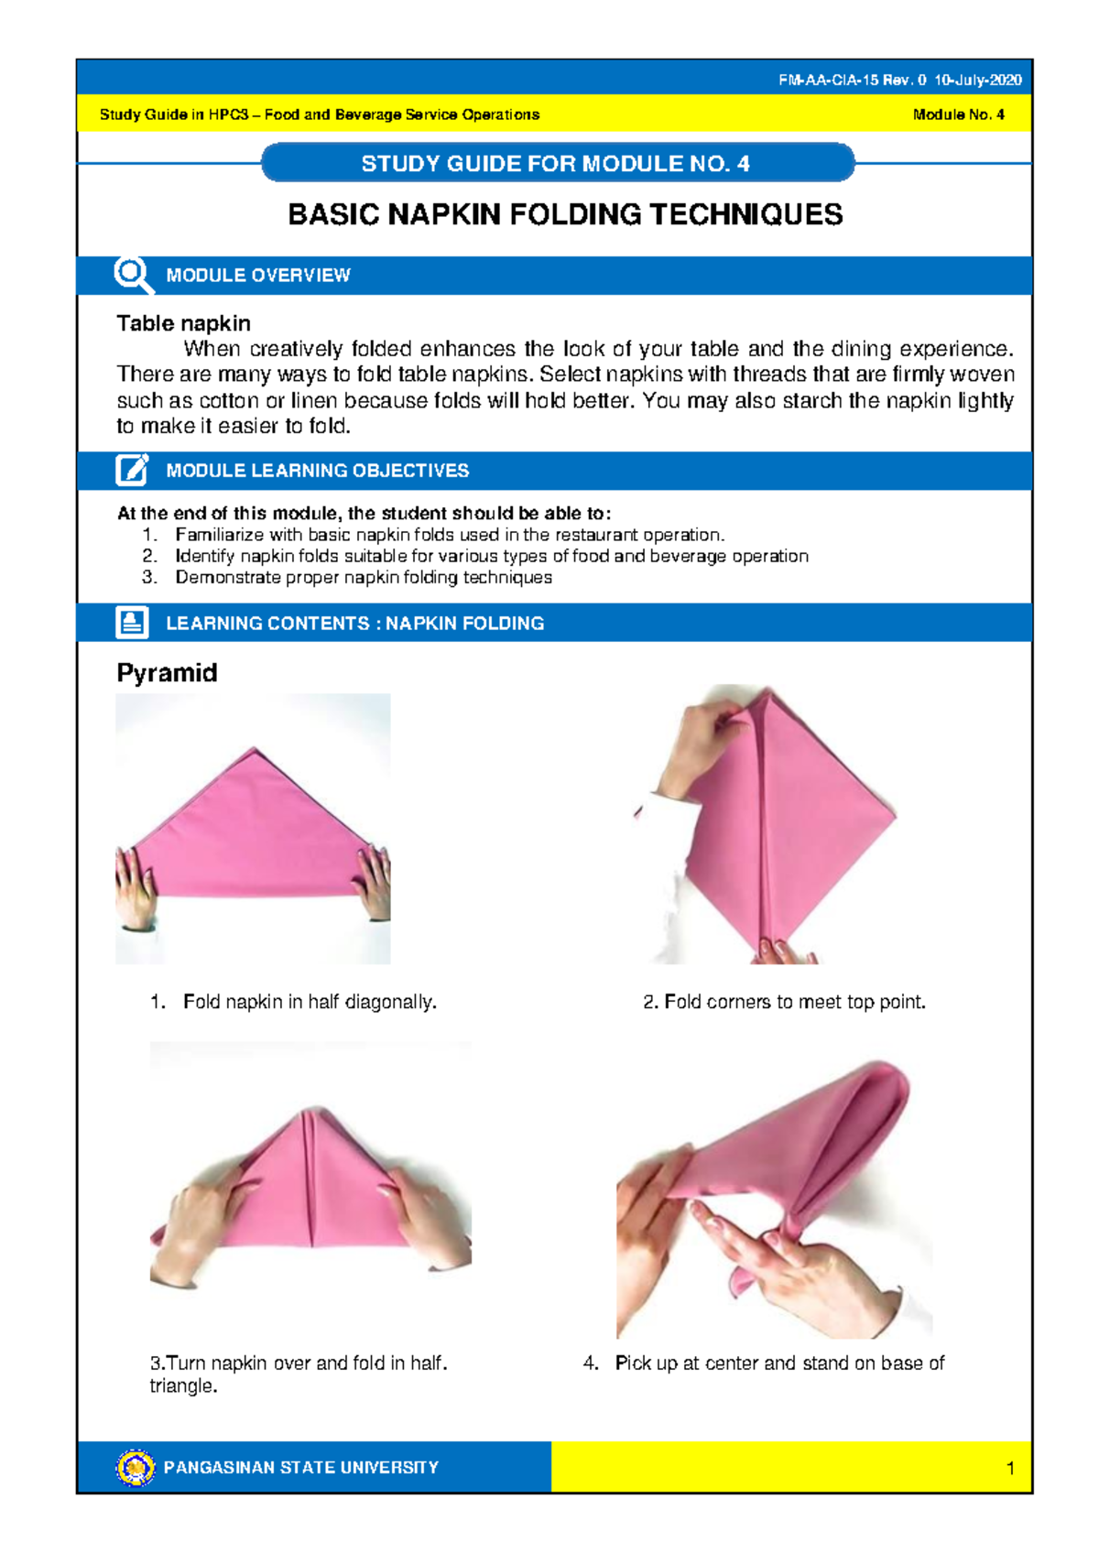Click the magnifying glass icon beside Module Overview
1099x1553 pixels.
click(x=132, y=274)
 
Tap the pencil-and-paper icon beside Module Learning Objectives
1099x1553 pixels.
click(x=132, y=470)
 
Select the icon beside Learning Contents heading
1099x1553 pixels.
click(x=132, y=623)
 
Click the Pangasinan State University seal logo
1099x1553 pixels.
click(x=136, y=1468)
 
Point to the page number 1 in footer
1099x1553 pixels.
click(x=1010, y=1469)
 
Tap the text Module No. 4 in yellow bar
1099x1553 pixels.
click(x=958, y=114)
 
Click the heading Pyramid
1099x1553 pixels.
click(x=167, y=673)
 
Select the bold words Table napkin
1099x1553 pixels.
click(x=183, y=323)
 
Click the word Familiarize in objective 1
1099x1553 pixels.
click(x=220, y=535)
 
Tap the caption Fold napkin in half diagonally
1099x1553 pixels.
click(x=310, y=1002)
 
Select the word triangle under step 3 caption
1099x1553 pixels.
click(x=182, y=1386)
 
